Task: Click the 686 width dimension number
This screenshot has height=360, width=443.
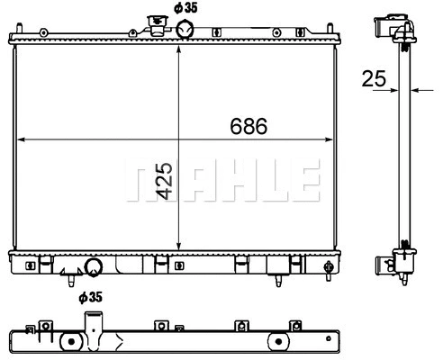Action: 248,127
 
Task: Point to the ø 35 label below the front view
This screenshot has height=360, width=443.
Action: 89,296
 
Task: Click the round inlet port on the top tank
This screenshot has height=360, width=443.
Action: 185,30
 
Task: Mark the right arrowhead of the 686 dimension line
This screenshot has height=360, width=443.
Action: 330,140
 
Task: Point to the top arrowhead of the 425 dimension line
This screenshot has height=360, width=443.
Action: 180,46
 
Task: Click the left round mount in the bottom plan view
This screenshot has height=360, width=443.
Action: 68,343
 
